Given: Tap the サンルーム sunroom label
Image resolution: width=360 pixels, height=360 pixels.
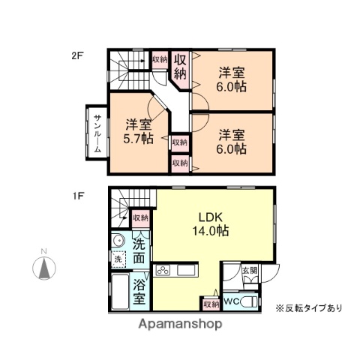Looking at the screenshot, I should click(x=97, y=133).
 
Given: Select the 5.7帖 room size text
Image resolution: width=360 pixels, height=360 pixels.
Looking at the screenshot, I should click(x=139, y=139).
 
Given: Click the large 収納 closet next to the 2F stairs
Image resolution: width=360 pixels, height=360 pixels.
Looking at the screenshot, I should click(x=180, y=66).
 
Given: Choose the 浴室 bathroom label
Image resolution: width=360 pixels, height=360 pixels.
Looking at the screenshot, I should click(x=139, y=292).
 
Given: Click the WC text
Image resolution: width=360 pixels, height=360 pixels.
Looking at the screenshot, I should click(x=232, y=301).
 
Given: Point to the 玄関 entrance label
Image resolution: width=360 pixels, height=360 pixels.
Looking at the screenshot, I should click(x=249, y=271).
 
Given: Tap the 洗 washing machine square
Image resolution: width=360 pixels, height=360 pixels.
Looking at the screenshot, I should click(x=118, y=259).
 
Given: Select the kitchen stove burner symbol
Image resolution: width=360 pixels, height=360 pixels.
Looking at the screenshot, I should click(x=164, y=270).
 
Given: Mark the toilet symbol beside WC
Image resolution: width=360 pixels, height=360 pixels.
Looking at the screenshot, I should click(x=250, y=301).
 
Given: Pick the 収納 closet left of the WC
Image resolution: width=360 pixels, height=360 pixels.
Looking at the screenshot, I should click(x=210, y=304).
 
